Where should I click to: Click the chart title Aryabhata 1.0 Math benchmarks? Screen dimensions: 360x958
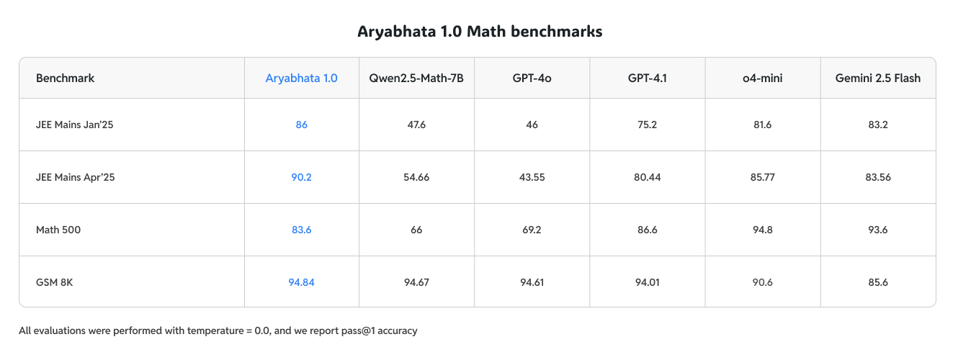(x=480, y=32)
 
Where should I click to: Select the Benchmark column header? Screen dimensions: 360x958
(x=66, y=78)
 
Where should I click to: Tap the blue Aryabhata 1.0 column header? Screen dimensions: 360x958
(x=301, y=78)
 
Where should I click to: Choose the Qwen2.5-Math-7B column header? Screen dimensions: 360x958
(x=416, y=78)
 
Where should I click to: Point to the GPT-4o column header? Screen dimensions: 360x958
(x=532, y=78)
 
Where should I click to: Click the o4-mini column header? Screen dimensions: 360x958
(x=762, y=78)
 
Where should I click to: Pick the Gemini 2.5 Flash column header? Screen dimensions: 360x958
(x=877, y=78)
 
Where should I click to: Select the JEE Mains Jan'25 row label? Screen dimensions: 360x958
(x=75, y=125)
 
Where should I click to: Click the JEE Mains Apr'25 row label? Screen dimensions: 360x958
(x=76, y=177)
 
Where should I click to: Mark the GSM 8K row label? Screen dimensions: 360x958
(x=55, y=282)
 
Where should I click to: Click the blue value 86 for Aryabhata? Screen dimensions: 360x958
(x=301, y=125)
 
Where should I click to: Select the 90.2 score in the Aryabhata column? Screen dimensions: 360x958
(x=301, y=177)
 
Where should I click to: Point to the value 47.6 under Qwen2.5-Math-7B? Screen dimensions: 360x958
(x=416, y=125)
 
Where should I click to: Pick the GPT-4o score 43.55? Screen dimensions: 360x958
(x=532, y=177)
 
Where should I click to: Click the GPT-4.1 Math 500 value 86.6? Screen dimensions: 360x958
(x=647, y=230)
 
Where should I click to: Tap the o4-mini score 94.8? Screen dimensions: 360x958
(x=762, y=230)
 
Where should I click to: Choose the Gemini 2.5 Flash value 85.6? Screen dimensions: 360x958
(x=877, y=282)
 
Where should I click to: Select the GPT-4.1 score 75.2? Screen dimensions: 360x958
(x=647, y=125)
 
